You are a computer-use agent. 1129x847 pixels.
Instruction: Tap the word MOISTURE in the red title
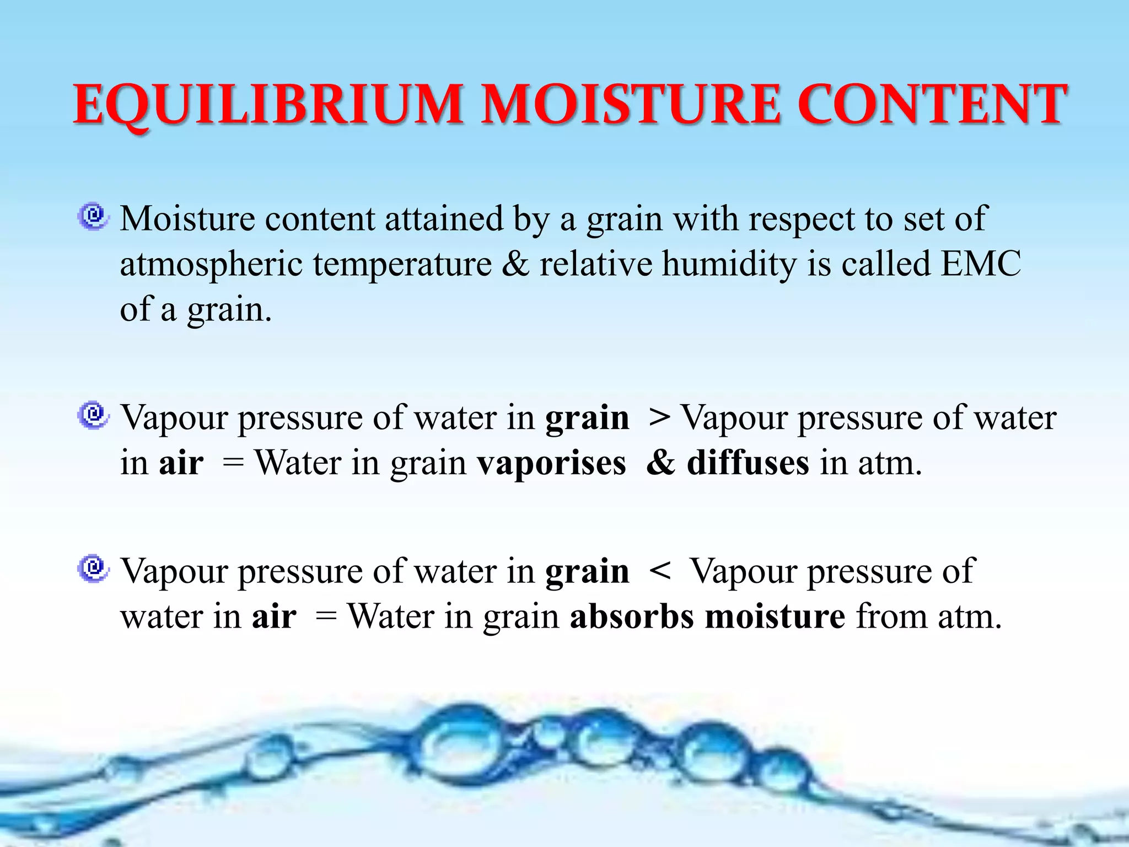pos(631,105)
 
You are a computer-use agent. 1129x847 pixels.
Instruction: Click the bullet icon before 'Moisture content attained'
pos(93,216)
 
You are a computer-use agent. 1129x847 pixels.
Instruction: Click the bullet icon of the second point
pos(93,415)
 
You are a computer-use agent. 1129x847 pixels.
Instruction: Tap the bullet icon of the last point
pos(93,569)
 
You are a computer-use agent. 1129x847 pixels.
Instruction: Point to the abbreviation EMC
pos(981,264)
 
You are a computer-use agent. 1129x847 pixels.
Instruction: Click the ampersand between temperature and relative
pos(515,264)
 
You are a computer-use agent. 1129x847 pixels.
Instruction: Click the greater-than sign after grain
pos(659,417)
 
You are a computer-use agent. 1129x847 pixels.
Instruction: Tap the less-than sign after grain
pos(659,571)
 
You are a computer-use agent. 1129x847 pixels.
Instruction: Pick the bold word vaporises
pos(551,463)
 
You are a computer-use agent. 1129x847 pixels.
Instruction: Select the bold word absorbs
pos(631,616)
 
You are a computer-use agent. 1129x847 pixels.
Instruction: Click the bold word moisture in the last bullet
pos(775,616)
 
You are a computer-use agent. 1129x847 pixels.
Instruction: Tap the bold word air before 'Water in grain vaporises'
pos(181,463)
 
